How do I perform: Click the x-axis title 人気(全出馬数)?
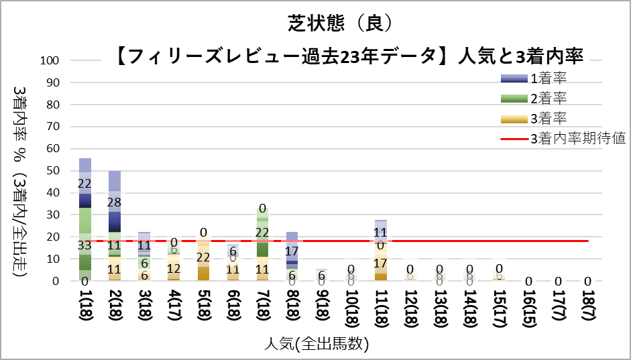coord(315,345)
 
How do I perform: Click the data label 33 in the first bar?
coord(85,245)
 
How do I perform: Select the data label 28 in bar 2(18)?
coord(115,202)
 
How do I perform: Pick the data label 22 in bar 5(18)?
coord(203,257)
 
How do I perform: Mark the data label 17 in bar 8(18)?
coord(292,251)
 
